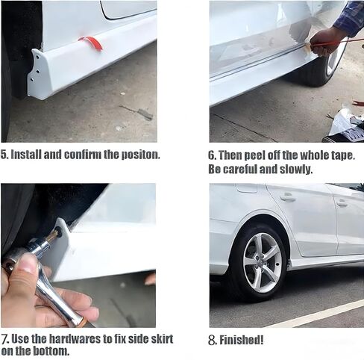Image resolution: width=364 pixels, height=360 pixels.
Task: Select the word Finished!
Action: (x=241, y=340)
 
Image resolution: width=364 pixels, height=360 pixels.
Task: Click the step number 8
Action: (x=211, y=340)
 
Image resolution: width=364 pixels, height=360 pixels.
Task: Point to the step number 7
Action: (x=4, y=338)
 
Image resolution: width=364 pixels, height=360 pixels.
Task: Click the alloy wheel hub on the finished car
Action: (x=263, y=262)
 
